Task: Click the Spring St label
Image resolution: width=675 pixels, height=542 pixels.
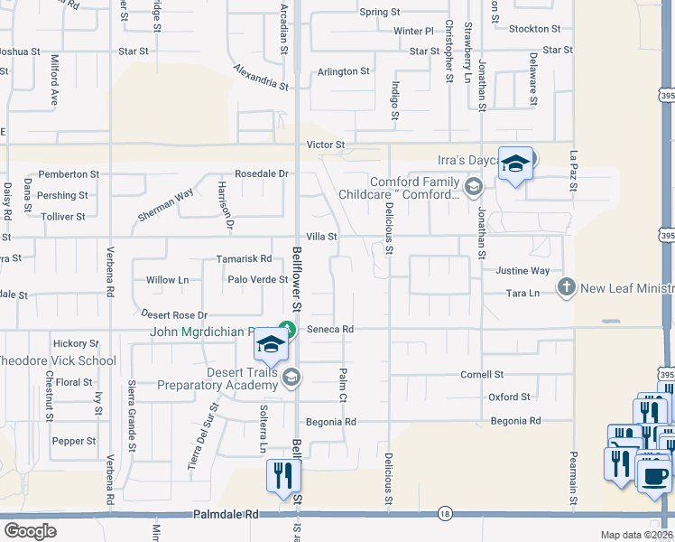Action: click(x=380, y=12)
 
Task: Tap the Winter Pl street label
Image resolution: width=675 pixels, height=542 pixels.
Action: click(x=414, y=31)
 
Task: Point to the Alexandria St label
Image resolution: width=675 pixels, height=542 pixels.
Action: click(x=260, y=78)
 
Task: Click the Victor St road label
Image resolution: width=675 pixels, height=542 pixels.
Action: click(x=326, y=145)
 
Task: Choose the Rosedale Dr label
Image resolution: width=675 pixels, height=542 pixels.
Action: click(x=262, y=173)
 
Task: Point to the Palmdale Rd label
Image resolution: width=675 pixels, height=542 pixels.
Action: click(x=226, y=514)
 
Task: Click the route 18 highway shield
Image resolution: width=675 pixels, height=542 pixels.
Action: click(x=445, y=514)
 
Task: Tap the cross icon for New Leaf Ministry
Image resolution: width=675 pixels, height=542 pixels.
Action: click(x=566, y=288)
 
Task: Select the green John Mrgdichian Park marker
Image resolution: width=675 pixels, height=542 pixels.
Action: click(x=287, y=329)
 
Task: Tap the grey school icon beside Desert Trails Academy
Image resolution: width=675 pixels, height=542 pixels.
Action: click(x=291, y=377)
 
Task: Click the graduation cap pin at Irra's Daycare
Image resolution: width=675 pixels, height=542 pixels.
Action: click(x=515, y=164)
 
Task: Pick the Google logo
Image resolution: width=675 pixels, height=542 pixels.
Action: click(x=30, y=531)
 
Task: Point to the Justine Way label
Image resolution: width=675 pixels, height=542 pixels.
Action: click(x=522, y=271)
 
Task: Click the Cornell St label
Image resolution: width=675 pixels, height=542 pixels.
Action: click(x=482, y=374)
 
